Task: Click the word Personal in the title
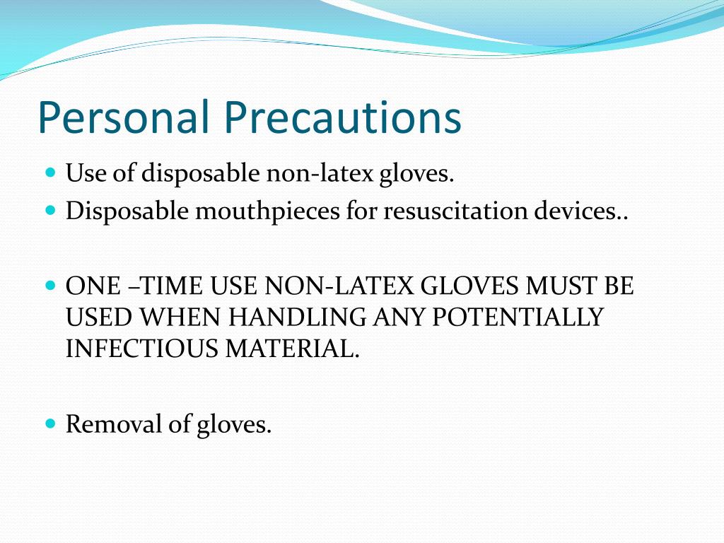123,118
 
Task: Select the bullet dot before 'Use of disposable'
49,172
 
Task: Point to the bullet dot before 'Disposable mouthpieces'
49,210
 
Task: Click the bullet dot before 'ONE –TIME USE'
49,286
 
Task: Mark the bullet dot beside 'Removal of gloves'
49,423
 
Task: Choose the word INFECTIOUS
141,349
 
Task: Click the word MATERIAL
292,349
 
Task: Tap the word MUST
552,286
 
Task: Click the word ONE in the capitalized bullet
86,286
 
